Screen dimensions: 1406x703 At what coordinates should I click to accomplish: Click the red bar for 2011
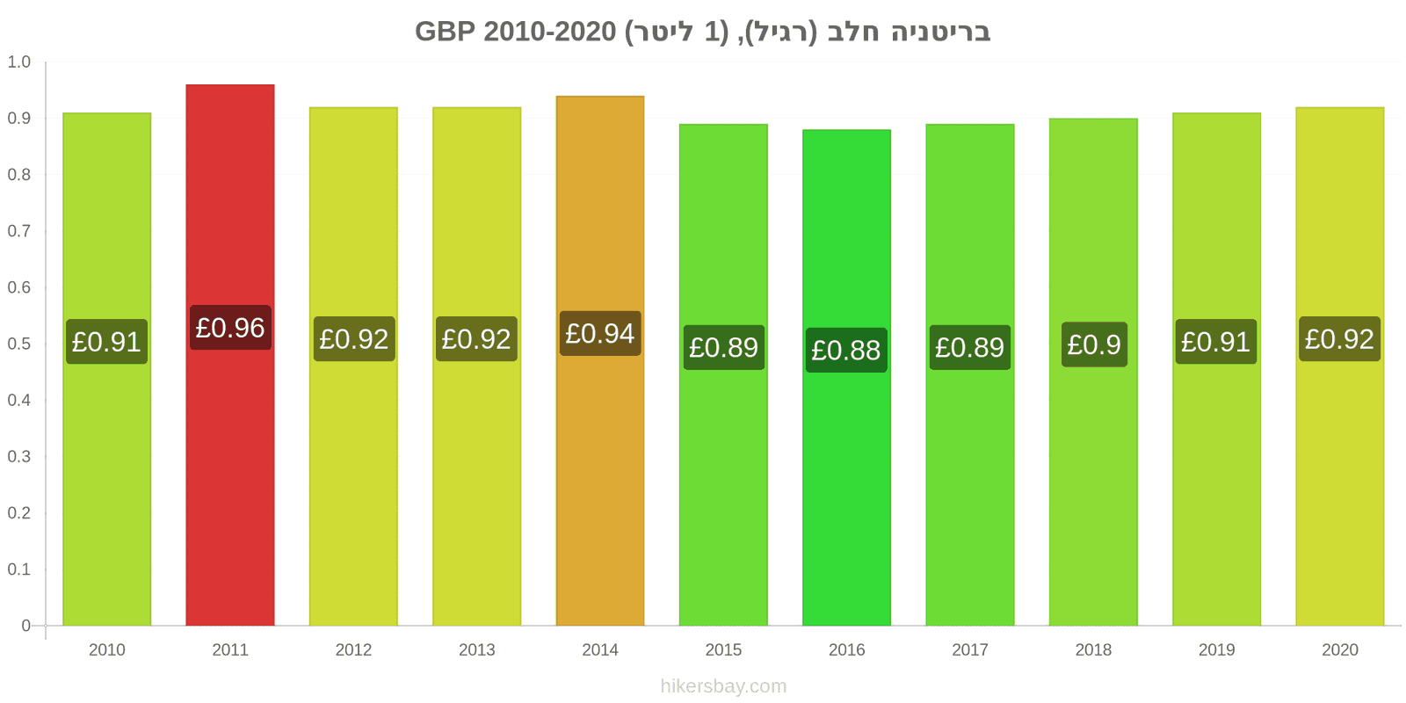(229, 355)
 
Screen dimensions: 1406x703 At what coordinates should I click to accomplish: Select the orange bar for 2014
(600, 360)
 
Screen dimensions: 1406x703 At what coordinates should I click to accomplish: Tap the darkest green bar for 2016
(846, 377)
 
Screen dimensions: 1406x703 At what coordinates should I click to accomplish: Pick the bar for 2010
(106, 369)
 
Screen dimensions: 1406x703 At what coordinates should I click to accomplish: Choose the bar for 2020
(1339, 366)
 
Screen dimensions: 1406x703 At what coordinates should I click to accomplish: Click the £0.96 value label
(230, 328)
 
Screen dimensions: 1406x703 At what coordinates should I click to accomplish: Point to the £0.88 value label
(846, 351)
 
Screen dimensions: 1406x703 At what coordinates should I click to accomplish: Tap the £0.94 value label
(600, 333)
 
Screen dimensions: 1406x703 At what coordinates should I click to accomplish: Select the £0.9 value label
(1094, 344)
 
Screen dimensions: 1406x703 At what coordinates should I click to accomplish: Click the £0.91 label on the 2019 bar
(1216, 342)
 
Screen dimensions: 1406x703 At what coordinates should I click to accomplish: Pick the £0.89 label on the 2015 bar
(724, 347)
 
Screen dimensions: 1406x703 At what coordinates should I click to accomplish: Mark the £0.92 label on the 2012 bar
(354, 339)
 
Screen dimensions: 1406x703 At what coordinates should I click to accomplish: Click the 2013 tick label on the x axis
(476, 649)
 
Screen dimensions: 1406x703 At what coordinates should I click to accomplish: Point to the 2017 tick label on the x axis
(970, 649)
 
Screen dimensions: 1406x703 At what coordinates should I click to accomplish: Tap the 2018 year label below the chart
(1093, 649)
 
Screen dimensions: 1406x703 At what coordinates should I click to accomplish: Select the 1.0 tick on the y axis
(18, 62)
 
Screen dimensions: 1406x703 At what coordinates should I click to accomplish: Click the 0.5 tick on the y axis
(18, 344)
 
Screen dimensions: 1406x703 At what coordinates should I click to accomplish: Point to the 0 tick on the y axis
(25, 625)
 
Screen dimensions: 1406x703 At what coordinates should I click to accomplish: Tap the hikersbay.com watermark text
(723, 686)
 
